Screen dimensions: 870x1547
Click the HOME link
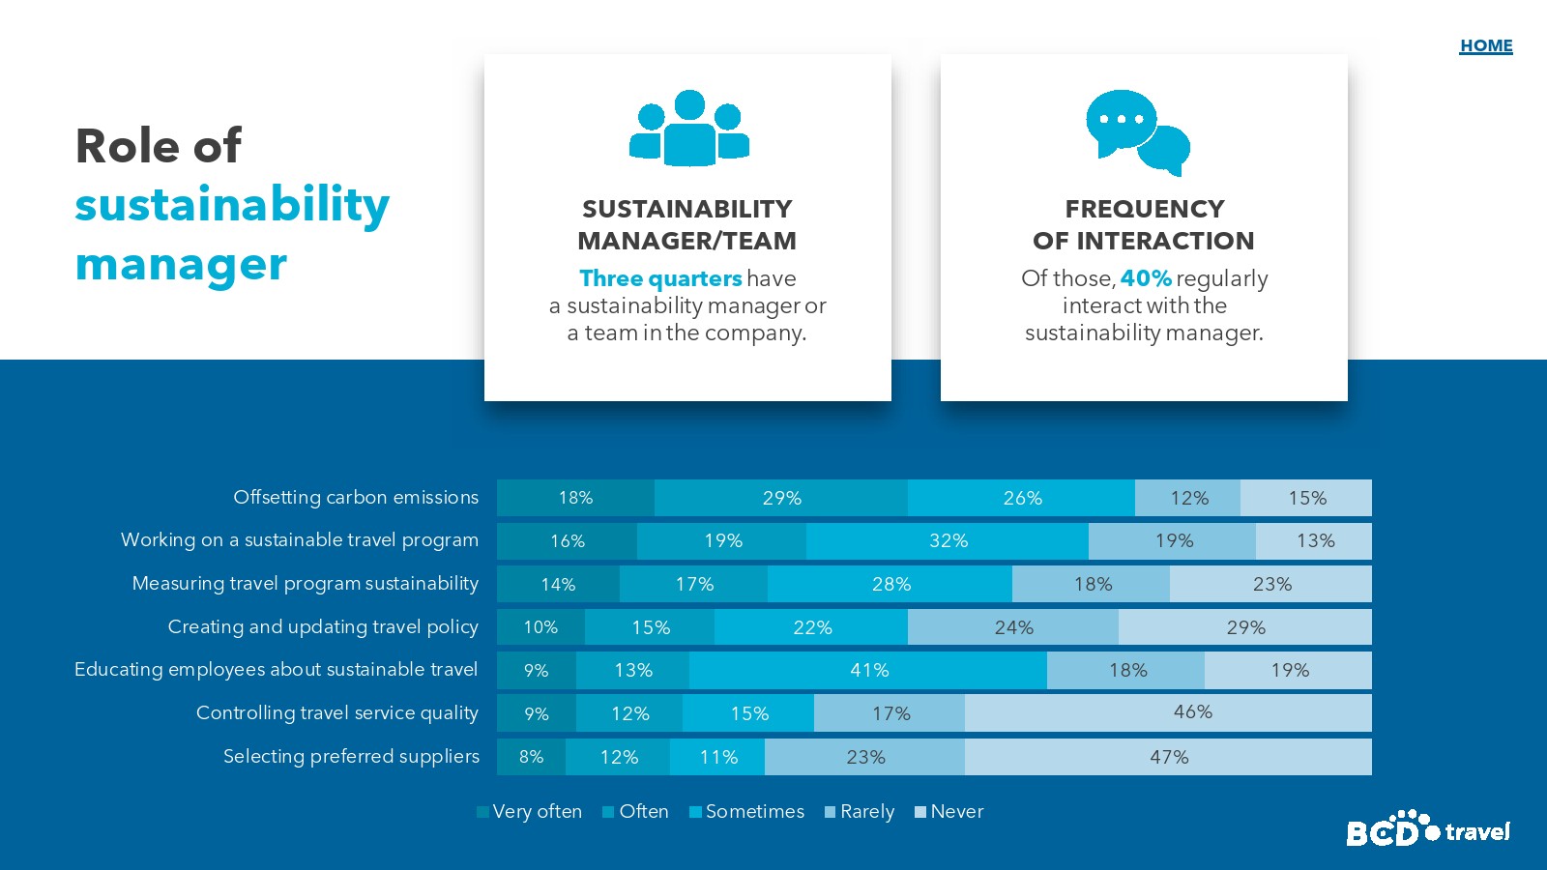pyautogui.click(x=1486, y=45)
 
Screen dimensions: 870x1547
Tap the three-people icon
pyautogui.click(x=689, y=129)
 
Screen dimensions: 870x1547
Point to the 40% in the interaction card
pyautogui.click(x=1146, y=278)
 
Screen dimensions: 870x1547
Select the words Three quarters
pyautogui.click(x=660, y=278)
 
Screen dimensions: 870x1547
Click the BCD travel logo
pyautogui.click(x=1427, y=829)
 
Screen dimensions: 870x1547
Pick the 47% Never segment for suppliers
pyautogui.click(x=1168, y=757)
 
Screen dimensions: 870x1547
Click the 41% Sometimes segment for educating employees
pyautogui.click(x=868, y=670)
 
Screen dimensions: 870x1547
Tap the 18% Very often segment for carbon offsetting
pyautogui.click(x=575, y=498)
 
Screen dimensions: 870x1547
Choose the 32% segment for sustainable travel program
pyautogui.click(x=948, y=541)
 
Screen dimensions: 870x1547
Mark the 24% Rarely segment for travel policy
pyautogui.click(x=1013, y=627)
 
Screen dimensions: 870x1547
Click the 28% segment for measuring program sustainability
pyautogui.click(x=890, y=584)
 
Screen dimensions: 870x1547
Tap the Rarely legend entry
pyautogui.click(x=860, y=812)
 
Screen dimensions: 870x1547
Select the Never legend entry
pyautogui.click(x=949, y=812)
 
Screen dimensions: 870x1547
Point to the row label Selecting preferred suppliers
pyautogui.click(x=351, y=756)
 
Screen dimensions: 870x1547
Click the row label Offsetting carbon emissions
pyautogui.click(x=356, y=497)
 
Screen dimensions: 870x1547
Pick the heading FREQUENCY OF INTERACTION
pyautogui.click(x=1144, y=224)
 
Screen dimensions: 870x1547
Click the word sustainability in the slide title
pyautogui.click(x=232, y=205)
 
